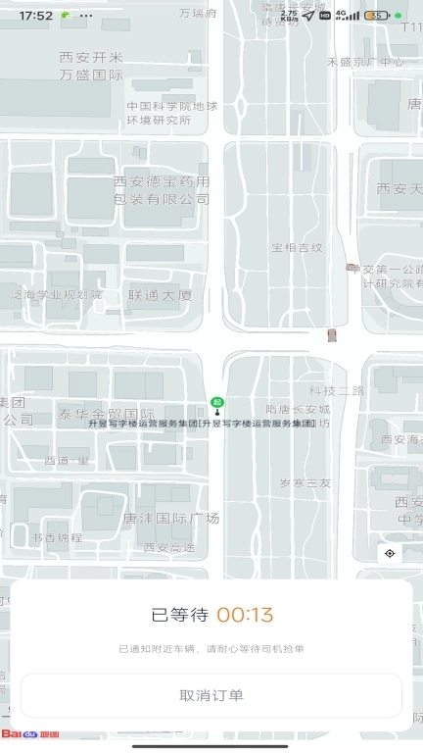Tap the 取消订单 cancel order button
[211, 695]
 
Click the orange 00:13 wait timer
[245, 616]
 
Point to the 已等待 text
[179, 616]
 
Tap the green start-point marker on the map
[216, 401]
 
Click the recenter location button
[390, 554]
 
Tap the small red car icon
[331, 335]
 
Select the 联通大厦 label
[160, 294]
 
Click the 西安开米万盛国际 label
[91, 66]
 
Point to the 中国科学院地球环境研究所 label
[172, 113]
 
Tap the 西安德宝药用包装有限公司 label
[162, 190]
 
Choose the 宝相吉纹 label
[297, 247]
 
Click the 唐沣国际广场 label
[171, 518]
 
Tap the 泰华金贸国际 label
[107, 413]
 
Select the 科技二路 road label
[336, 390]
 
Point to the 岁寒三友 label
[305, 482]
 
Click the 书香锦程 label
[57, 537]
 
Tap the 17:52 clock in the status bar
[35, 16]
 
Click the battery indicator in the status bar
[376, 16]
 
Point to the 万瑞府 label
[199, 14]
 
